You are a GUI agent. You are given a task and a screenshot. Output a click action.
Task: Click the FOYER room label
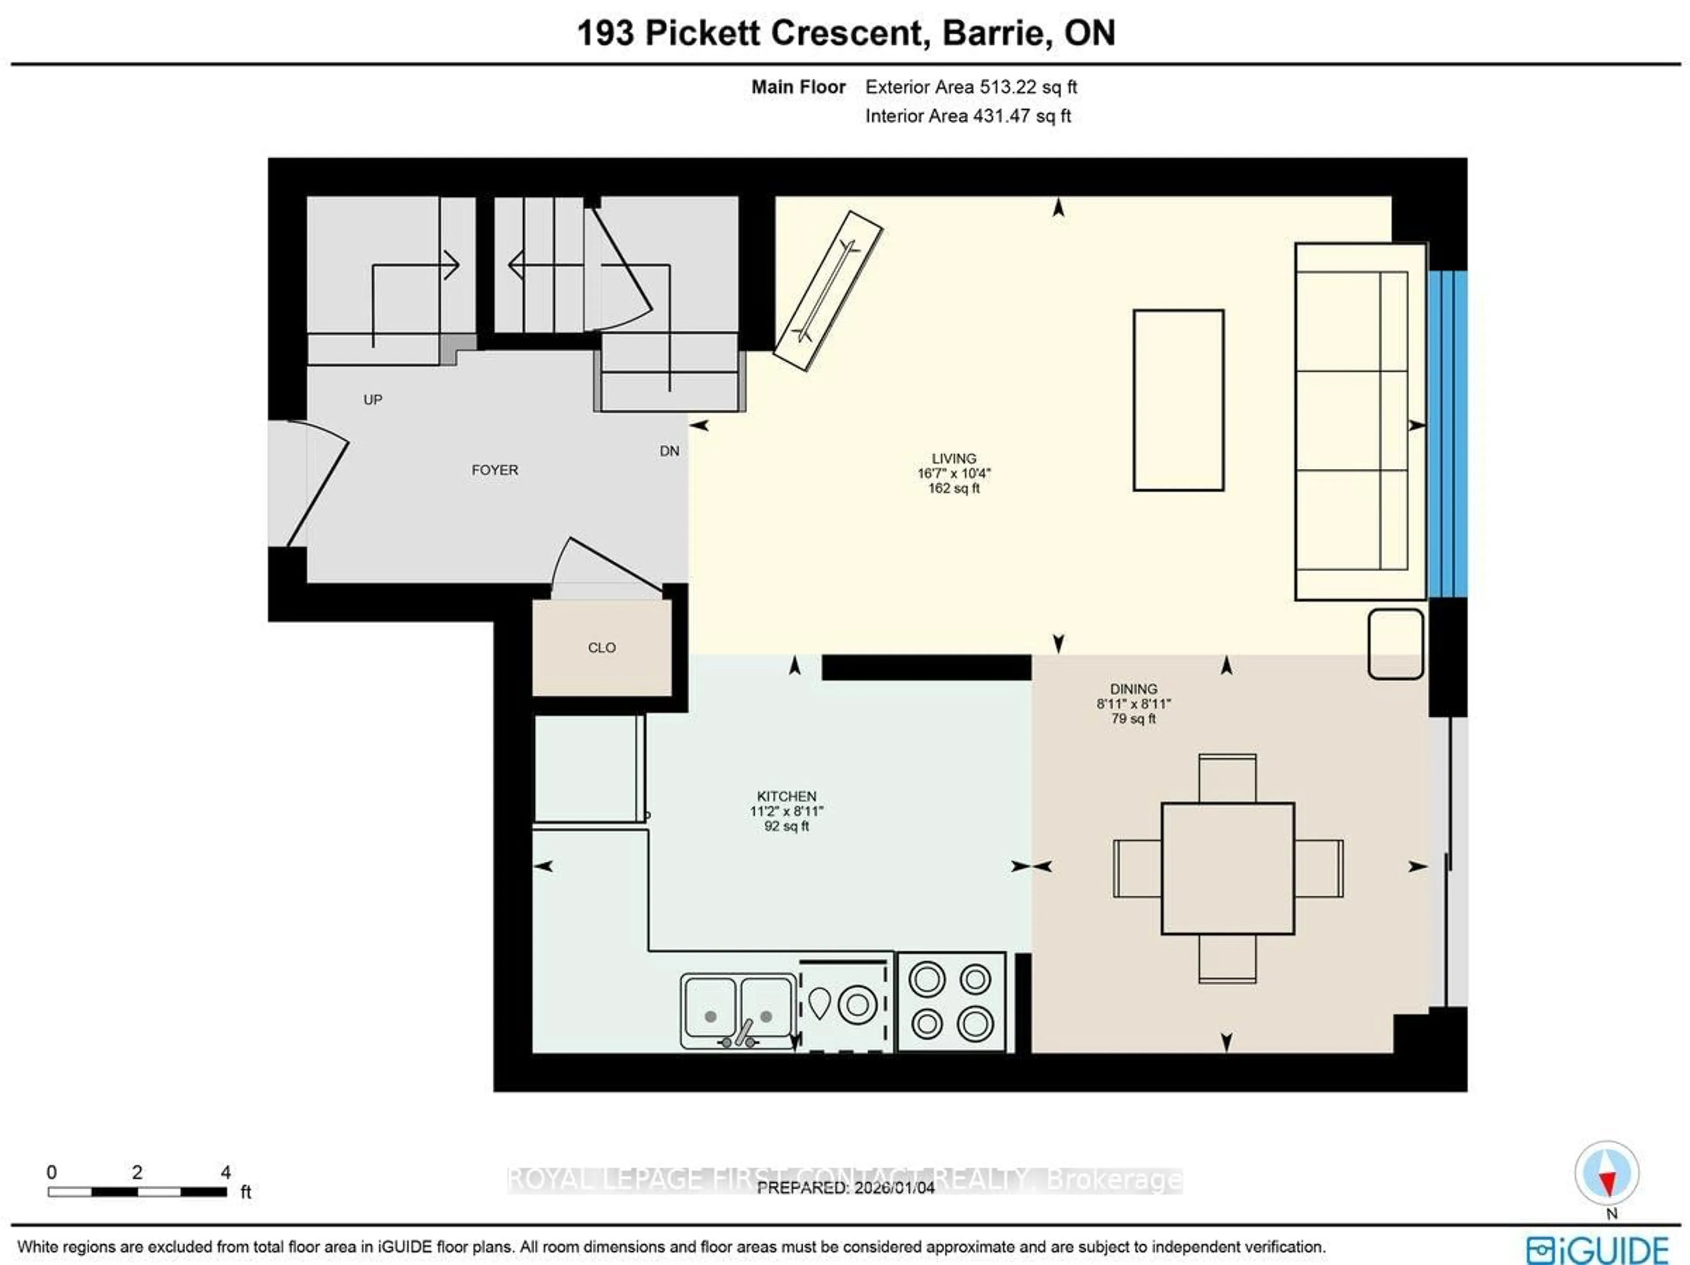coord(494,470)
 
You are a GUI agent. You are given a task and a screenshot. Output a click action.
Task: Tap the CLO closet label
coord(601,648)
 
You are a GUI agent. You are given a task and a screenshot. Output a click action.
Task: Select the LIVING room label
coord(954,458)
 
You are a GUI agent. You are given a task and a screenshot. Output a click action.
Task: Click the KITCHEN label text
coord(786,796)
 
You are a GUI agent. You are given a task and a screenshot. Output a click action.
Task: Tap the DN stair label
coord(669,451)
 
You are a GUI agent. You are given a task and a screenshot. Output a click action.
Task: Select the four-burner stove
coord(951,1001)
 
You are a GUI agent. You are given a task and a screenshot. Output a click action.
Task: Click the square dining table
coord(1227,868)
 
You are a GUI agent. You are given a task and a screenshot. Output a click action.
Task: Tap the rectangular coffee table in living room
coord(1178,400)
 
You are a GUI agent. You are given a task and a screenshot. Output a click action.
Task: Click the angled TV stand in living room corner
coord(827,292)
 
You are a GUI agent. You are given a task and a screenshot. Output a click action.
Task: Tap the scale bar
coord(137,1191)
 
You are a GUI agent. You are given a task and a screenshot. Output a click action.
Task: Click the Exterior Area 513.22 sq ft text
coord(970,87)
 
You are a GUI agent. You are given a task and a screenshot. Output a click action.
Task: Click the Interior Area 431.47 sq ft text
coord(967,116)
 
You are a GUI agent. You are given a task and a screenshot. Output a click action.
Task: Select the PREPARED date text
coord(845,1188)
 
